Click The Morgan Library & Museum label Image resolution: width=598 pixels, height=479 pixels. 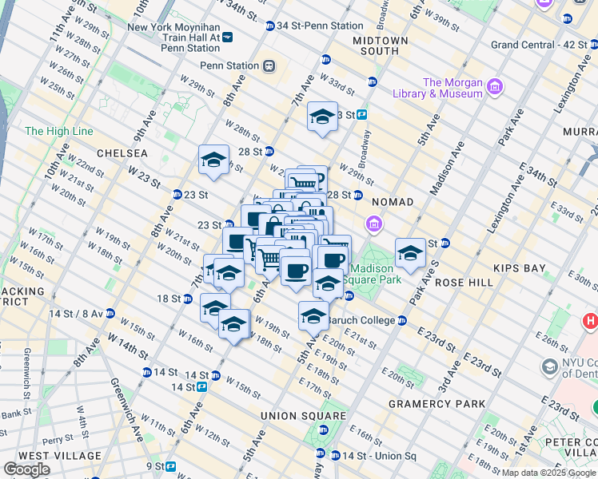pyautogui.click(x=453, y=88)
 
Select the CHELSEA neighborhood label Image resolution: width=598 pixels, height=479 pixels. pyautogui.click(x=122, y=152)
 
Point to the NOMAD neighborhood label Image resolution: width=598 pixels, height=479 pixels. pyautogui.click(x=392, y=202)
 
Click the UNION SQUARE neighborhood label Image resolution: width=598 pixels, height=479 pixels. pyautogui.click(x=303, y=416)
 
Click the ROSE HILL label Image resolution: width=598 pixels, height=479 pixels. pyautogui.click(x=456, y=283)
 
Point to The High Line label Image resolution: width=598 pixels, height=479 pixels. pyautogui.click(x=59, y=131)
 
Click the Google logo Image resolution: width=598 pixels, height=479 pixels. pyautogui.click(x=26, y=469)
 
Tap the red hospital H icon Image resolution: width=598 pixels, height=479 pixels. pyautogui.click(x=591, y=321)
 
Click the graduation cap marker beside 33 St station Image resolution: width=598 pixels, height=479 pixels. pyautogui.click(x=322, y=118)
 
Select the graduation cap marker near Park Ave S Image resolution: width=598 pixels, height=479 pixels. pyautogui.click(x=410, y=254)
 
